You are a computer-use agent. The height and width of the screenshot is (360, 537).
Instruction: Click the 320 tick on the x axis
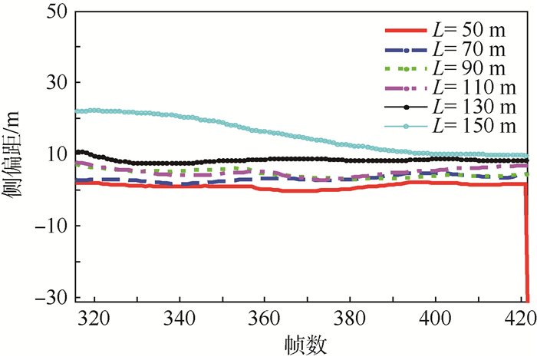coord(94,316)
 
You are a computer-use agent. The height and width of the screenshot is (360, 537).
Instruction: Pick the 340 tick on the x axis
coord(180,316)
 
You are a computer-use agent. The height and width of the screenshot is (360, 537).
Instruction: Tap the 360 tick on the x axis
coord(265,316)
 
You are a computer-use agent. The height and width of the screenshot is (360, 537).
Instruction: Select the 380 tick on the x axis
coord(350,316)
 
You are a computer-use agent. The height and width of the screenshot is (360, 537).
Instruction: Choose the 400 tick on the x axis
coord(435,316)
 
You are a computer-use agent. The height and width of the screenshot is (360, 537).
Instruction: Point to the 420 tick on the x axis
coord(519,316)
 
